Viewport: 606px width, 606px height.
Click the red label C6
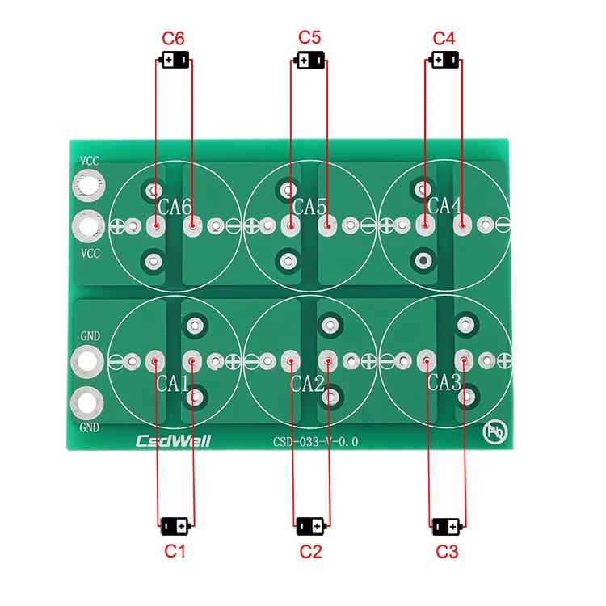coord(174,38)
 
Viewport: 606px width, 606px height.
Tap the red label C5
coord(309,37)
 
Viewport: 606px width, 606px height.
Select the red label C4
coord(444,38)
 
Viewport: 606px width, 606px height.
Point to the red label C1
coord(175,553)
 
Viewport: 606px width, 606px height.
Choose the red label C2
coord(311,553)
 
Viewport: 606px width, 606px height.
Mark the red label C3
coord(447,553)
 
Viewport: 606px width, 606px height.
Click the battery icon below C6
coord(175,61)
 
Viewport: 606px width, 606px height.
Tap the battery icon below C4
coord(445,61)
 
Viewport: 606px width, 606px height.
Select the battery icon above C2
coord(311,527)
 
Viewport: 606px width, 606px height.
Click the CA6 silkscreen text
coord(175,208)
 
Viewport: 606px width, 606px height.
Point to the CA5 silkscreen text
coord(309,208)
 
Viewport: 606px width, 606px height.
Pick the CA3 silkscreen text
coord(444,381)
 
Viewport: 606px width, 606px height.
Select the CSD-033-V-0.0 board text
coord(315,441)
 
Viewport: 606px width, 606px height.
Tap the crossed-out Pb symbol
coord(494,433)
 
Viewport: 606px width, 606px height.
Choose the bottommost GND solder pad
coord(88,402)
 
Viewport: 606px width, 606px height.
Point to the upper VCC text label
coord(89,162)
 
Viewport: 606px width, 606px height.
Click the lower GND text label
coord(89,427)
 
